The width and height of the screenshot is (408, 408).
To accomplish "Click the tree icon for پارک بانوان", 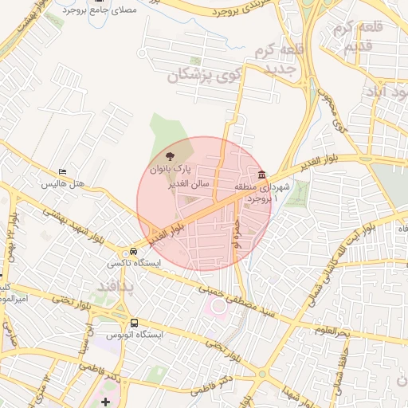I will (168, 155).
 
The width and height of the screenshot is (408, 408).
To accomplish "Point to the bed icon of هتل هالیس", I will (63, 172).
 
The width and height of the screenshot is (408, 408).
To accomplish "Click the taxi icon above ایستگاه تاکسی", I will (134, 250).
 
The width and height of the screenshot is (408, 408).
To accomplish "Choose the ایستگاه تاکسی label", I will (134, 262).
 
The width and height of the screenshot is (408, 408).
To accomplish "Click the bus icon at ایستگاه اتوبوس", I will (134, 324).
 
